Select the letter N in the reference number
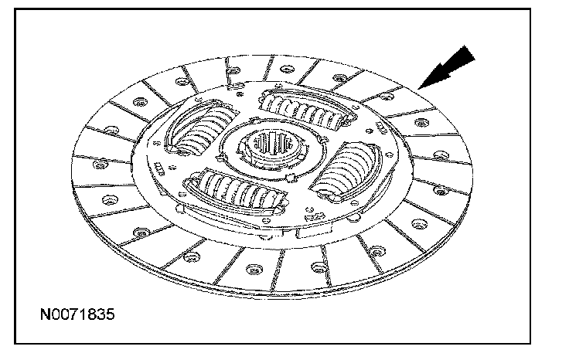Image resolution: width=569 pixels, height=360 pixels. coord(47,316)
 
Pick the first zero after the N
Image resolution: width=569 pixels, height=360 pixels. coord(57,316)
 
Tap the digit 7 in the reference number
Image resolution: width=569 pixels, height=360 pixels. coord(77,316)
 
